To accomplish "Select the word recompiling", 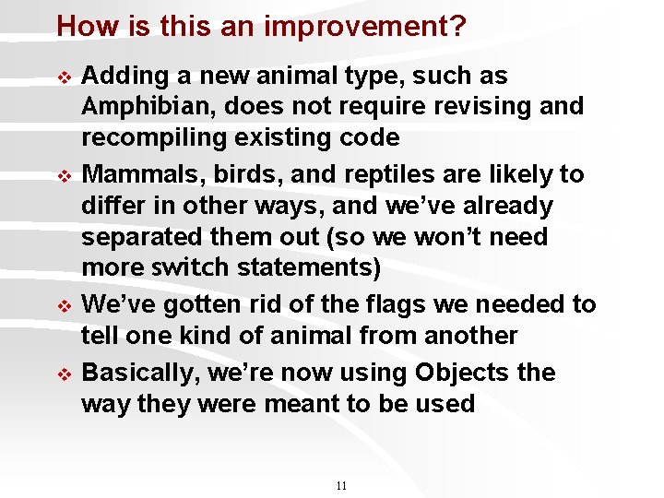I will pos(148,138).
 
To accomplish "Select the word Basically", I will pos(139,373).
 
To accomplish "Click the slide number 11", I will pos(341,486).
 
